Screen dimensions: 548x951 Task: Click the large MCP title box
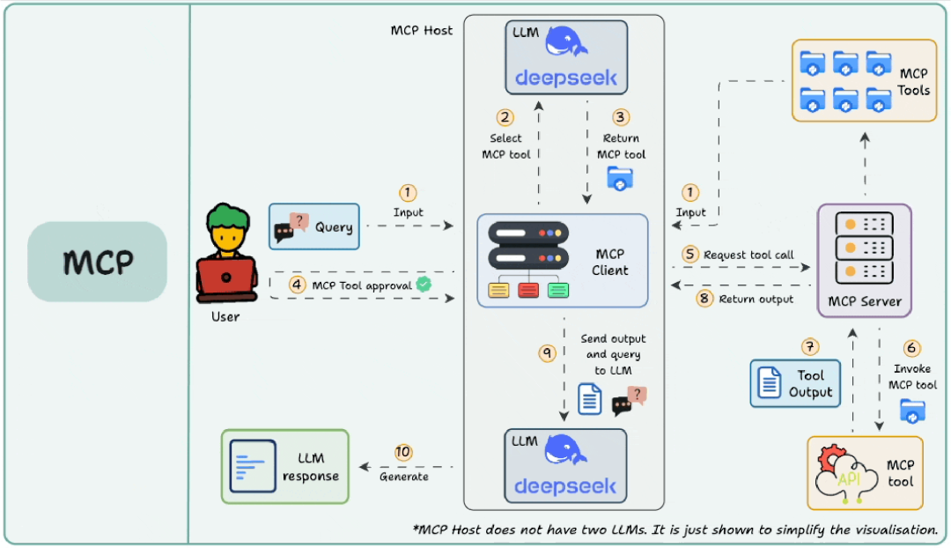click(97, 262)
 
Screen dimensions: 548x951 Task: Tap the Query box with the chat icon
click(314, 227)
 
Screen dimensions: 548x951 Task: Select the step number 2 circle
click(505, 117)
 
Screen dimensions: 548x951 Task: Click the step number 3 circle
click(621, 117)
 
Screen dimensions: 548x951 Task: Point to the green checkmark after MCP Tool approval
click(424, 284)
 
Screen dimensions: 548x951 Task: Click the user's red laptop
click(226, 278)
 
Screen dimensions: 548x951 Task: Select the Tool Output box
click(795, 383)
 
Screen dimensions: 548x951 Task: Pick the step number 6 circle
click(911, 348)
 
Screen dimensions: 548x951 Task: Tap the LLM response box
click(284, 466)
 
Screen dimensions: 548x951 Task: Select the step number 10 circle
click(403, 452)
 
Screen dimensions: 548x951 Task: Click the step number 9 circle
click(547, 352)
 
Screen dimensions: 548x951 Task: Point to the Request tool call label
click(748, 255)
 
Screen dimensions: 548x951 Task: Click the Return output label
click(756, 299)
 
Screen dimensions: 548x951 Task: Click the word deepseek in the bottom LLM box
click(565, 486)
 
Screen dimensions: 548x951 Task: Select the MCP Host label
click(421, 30)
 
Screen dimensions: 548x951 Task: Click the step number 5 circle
click(690, 254)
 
